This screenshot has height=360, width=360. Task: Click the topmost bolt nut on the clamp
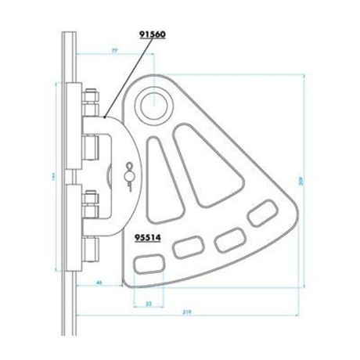[90, 100]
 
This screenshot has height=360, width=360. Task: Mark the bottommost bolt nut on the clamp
[91, 248]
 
